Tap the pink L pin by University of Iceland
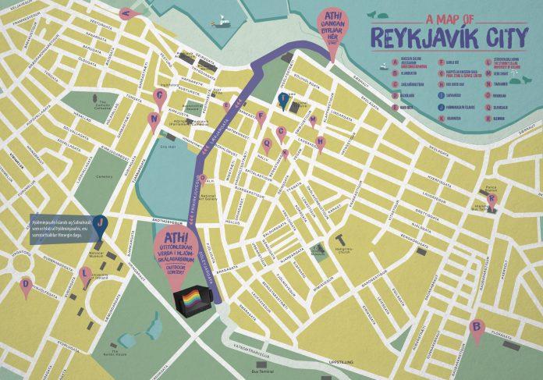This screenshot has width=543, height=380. (x=85, y=274)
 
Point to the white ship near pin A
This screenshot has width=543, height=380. (x=222, y=22)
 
